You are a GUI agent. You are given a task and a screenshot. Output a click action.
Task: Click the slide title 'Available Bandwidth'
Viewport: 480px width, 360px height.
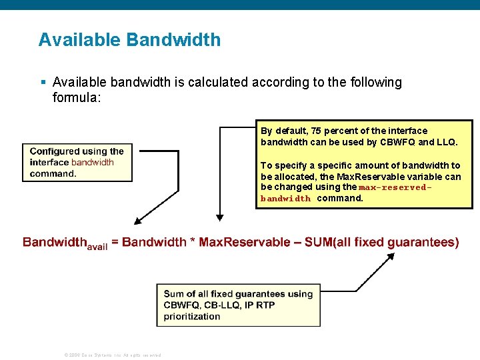tap(129, 40)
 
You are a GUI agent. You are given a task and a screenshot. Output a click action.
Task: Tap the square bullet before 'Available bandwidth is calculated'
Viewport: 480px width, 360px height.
tap(43, 83)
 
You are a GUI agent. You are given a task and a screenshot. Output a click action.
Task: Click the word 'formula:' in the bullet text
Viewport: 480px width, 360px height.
tap(76, 99)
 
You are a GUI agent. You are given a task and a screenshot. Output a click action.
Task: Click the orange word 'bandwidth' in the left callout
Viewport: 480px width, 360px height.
tap(92, 162)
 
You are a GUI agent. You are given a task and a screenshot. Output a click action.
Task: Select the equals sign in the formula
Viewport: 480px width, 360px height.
tap(115, 242)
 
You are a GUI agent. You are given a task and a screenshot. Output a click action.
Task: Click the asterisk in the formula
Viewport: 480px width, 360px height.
tap(193, 241)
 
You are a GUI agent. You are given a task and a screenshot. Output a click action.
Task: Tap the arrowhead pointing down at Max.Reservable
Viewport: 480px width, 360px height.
tap(220, 216)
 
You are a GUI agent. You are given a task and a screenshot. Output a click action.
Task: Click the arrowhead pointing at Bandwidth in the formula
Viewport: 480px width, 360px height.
tap(137, 221)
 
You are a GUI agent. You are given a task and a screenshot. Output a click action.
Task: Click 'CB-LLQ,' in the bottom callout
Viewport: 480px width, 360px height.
tap(229, 305)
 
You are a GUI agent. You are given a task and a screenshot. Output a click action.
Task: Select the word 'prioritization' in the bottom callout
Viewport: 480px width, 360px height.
tap(192, 316)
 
